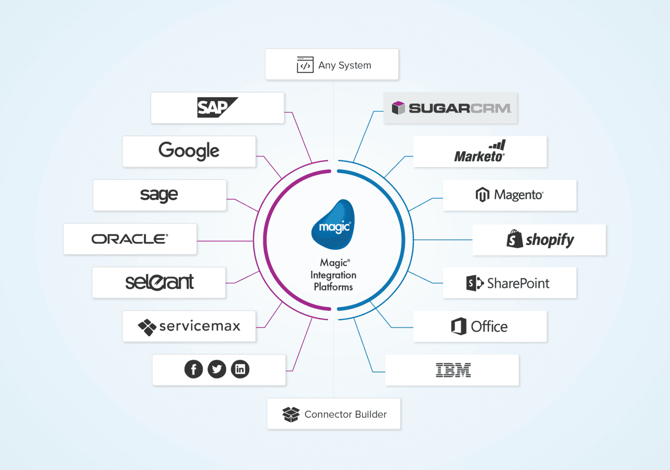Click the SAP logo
coord(218,107)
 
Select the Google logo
coord(189,151)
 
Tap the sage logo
coord(159,195)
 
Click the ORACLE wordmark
coord(130,239)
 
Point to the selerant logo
coord(159,282)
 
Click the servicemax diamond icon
coord(147,327)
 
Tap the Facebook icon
coord(194,369)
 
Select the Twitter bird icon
coord(217,369)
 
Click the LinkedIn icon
coord(240,369)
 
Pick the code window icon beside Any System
coord(305,65)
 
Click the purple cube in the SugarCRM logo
coord(398,108)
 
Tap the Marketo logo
coord(480,151)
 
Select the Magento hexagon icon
coord(482,195)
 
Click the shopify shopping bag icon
coord(514,239)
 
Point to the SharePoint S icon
coord(475,283)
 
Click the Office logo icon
coord(459,326)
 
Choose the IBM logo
coord(453,370)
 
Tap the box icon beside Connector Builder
coord(291,414)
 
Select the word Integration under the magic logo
coord(333,275)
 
